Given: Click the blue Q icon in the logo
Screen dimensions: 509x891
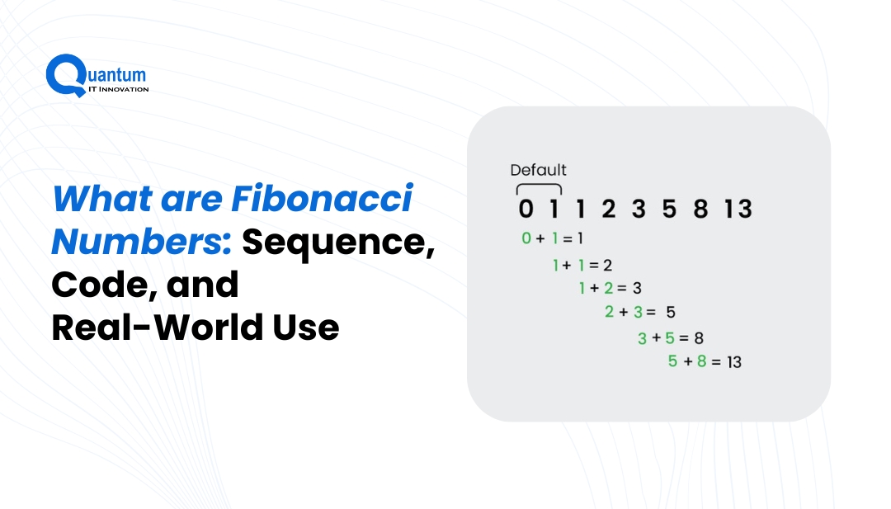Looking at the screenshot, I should pyautogui.click(x=63, y=74).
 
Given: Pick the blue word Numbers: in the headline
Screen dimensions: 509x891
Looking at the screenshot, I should pyautogui.click(x=144, y=243).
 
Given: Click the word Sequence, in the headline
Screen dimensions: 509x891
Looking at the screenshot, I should pyautogui.click(x=338, y=243).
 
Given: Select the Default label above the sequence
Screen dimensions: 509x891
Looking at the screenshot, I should pyautogui.click(x=538, y=171).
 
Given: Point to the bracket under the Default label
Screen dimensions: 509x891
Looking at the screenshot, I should pyautogui.click(x=539, y=188).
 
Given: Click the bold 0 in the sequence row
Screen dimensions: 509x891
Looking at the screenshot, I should pyautogui.click(x=526, y=210).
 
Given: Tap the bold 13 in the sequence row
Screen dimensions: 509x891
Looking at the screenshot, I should pyautogui.click(x=738, y=210).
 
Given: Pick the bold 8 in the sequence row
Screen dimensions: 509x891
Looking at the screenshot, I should pyautogui.click(x=700, y=210).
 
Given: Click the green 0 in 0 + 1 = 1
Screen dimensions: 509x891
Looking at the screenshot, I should pyautogui.click(x=526, y=238).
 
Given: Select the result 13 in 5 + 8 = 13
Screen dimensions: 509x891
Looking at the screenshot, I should pyautogui.click(x=733, y=361).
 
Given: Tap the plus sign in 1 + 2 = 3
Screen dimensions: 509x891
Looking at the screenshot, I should pyautogui.click(x=595, y=288).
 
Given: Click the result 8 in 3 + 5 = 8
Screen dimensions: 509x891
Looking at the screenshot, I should pyautogui.click(x=698, y=337).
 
